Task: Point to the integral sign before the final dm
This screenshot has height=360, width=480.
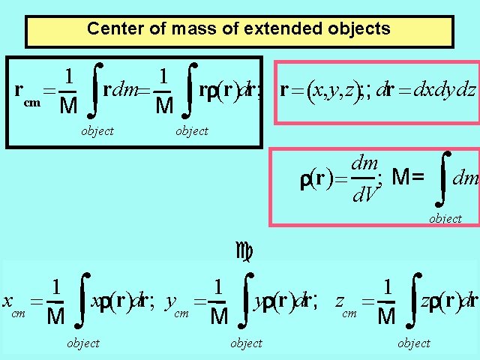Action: (445, 178)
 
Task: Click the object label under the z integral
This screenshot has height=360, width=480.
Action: (414, 343)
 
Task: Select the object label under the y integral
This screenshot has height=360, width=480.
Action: (246, 343)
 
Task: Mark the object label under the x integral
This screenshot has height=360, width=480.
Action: (82, 343)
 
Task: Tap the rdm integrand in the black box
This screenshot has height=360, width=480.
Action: (120, 91)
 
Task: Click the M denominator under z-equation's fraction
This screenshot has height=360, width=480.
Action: (385, 317)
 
